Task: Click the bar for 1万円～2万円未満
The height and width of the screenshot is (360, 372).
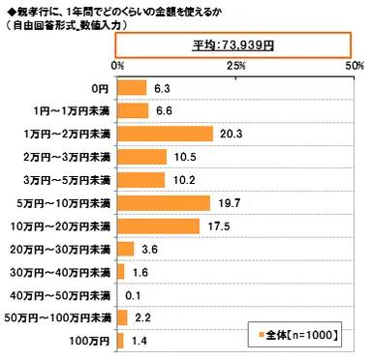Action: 164,134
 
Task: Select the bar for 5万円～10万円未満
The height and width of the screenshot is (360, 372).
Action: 163,203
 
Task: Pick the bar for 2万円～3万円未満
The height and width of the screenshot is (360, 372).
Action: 140,157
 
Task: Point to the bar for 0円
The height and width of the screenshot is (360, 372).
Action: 131,88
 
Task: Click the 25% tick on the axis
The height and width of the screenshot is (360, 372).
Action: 235,64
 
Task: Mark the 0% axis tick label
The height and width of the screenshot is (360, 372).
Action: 117,64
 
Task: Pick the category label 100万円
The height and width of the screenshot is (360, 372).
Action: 91,342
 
